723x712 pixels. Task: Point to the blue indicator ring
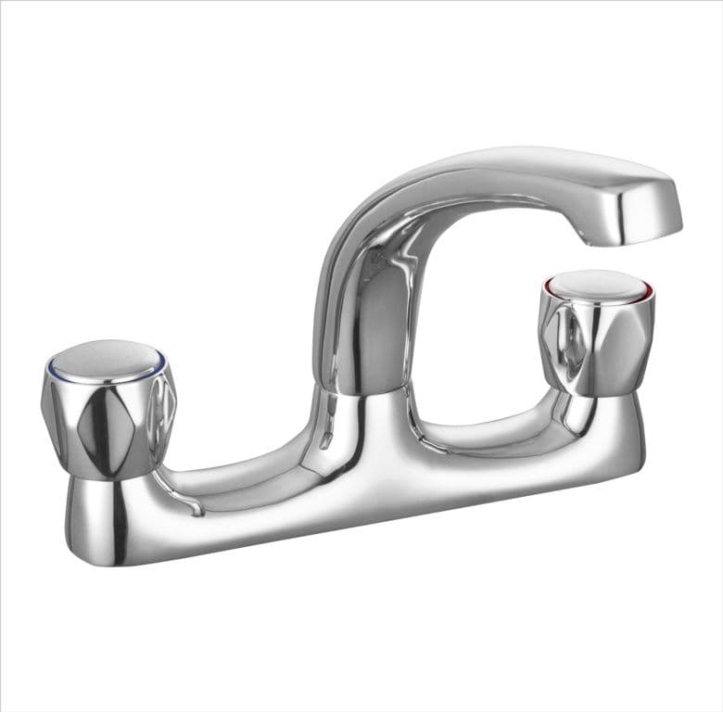pos(165,363)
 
